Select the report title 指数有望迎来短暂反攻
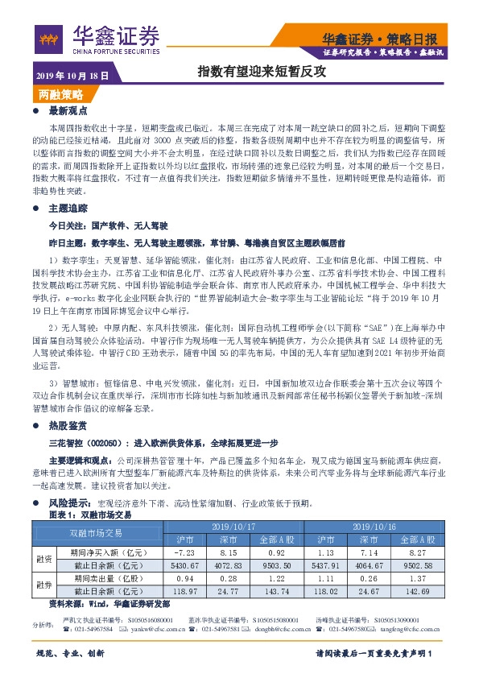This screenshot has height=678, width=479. (262, 72)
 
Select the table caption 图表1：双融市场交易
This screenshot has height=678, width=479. (91, 513)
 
